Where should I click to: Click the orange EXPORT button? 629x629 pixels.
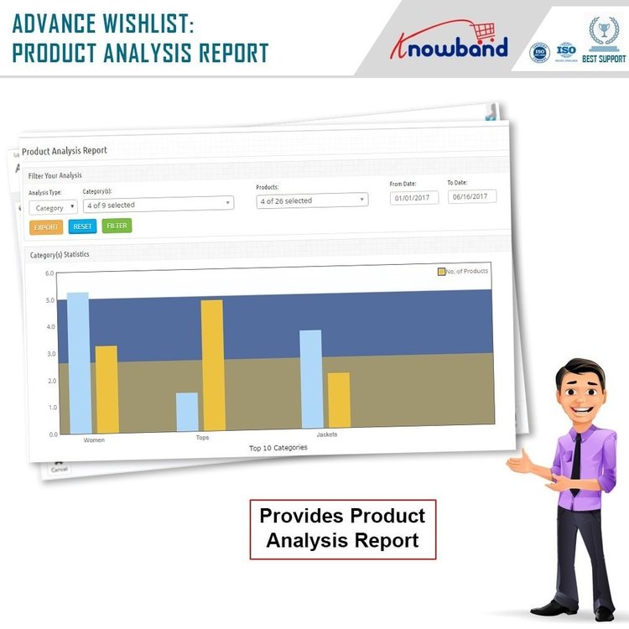46,227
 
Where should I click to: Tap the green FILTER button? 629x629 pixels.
117,226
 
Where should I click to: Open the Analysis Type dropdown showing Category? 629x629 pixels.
53,207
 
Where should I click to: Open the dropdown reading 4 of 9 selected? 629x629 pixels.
158,204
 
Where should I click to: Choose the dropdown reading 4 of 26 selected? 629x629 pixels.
312,200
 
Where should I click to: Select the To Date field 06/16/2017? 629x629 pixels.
471,196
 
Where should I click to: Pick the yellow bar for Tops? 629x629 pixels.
212,365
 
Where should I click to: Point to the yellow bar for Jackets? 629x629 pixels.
339,400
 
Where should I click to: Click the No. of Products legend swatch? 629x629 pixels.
441,272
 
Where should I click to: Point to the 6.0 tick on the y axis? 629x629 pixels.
49,273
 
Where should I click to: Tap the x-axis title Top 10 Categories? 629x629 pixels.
278,448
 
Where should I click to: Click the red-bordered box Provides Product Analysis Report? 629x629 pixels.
342,528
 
